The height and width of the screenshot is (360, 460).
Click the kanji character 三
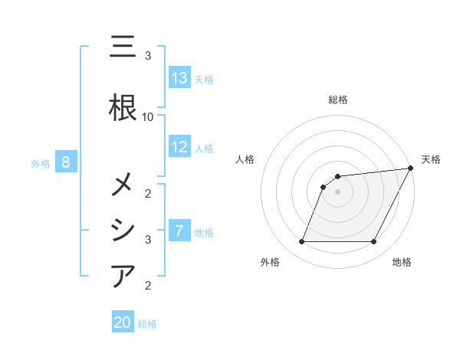pos(123,47)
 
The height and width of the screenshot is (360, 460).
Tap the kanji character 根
pos(123,107)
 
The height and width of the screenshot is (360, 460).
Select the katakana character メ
pos(123,185)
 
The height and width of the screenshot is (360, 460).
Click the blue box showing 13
pos(179,78)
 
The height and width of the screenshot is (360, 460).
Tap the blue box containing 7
pos(179,231)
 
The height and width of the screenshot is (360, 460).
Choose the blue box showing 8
pos(66,162)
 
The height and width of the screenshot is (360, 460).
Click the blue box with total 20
pos(123,322)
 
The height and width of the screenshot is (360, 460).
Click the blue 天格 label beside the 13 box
pos(204,79)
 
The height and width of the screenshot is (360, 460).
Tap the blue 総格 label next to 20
pos(147,323)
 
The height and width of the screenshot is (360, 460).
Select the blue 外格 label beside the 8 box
pos(41,162)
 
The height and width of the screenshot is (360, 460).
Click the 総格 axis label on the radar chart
pos(338,100)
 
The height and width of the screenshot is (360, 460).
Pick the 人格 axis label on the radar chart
pos(245,159)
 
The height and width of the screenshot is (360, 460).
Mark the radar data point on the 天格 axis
pos(412,169)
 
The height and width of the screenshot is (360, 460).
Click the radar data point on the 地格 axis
pos(374,241)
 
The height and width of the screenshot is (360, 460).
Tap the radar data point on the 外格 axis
pos(301,241)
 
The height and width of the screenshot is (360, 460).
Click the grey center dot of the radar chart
pos(338,191)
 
